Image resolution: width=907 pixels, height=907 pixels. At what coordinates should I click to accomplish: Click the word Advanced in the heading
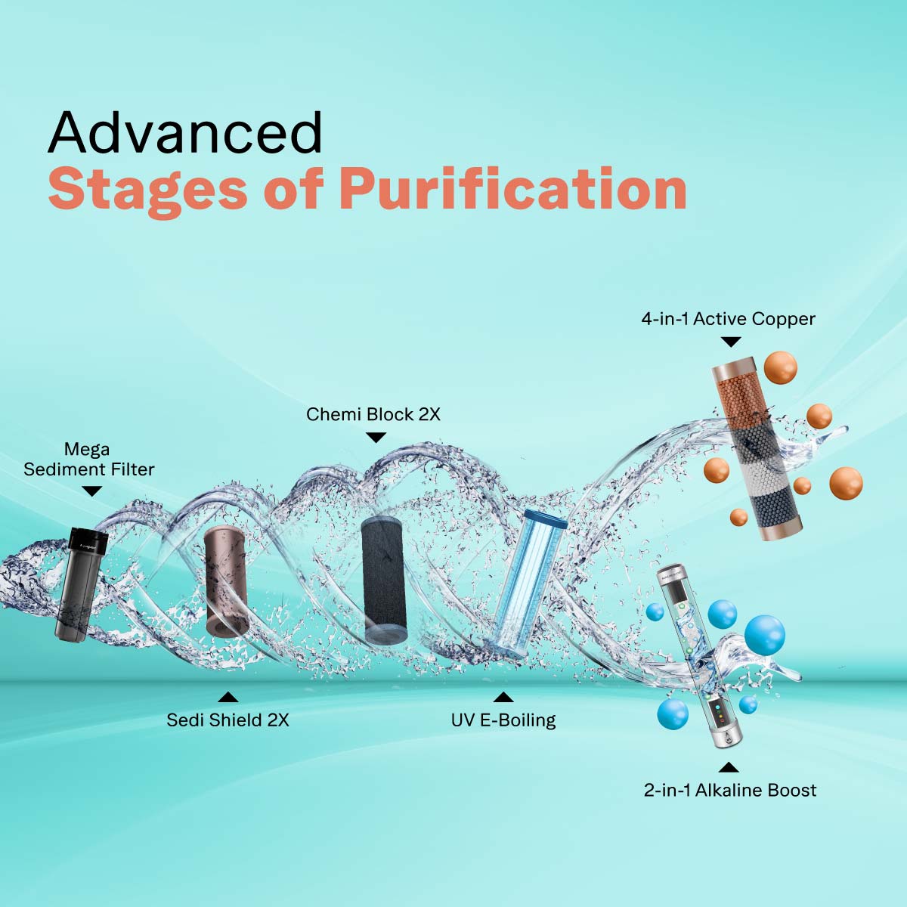tap(185, 132)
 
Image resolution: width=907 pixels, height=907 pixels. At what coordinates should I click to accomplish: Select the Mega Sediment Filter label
tap(88, 459)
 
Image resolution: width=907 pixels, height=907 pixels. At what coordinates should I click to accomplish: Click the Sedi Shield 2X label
tap(228, 720)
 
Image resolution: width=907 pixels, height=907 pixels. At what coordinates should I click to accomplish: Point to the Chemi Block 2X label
tap(373, 414)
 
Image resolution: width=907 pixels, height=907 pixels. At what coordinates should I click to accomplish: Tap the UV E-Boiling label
tap(503, 720)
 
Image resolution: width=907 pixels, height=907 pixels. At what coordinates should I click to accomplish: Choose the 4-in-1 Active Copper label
tap(728, 319)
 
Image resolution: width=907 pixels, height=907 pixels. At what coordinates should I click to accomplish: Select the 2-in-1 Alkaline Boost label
tap(729, 791)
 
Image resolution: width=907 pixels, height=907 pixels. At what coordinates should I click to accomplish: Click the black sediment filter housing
tap(81, 582)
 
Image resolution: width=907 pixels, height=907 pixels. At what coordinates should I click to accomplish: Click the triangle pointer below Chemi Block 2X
tap(376, 437)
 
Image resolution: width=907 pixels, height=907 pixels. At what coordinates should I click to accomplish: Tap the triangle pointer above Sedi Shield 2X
tap(228, 697)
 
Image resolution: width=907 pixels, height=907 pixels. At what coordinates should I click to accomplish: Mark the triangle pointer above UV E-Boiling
tap(503, 697)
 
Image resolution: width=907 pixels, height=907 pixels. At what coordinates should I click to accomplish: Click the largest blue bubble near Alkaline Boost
tap(764, 633)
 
